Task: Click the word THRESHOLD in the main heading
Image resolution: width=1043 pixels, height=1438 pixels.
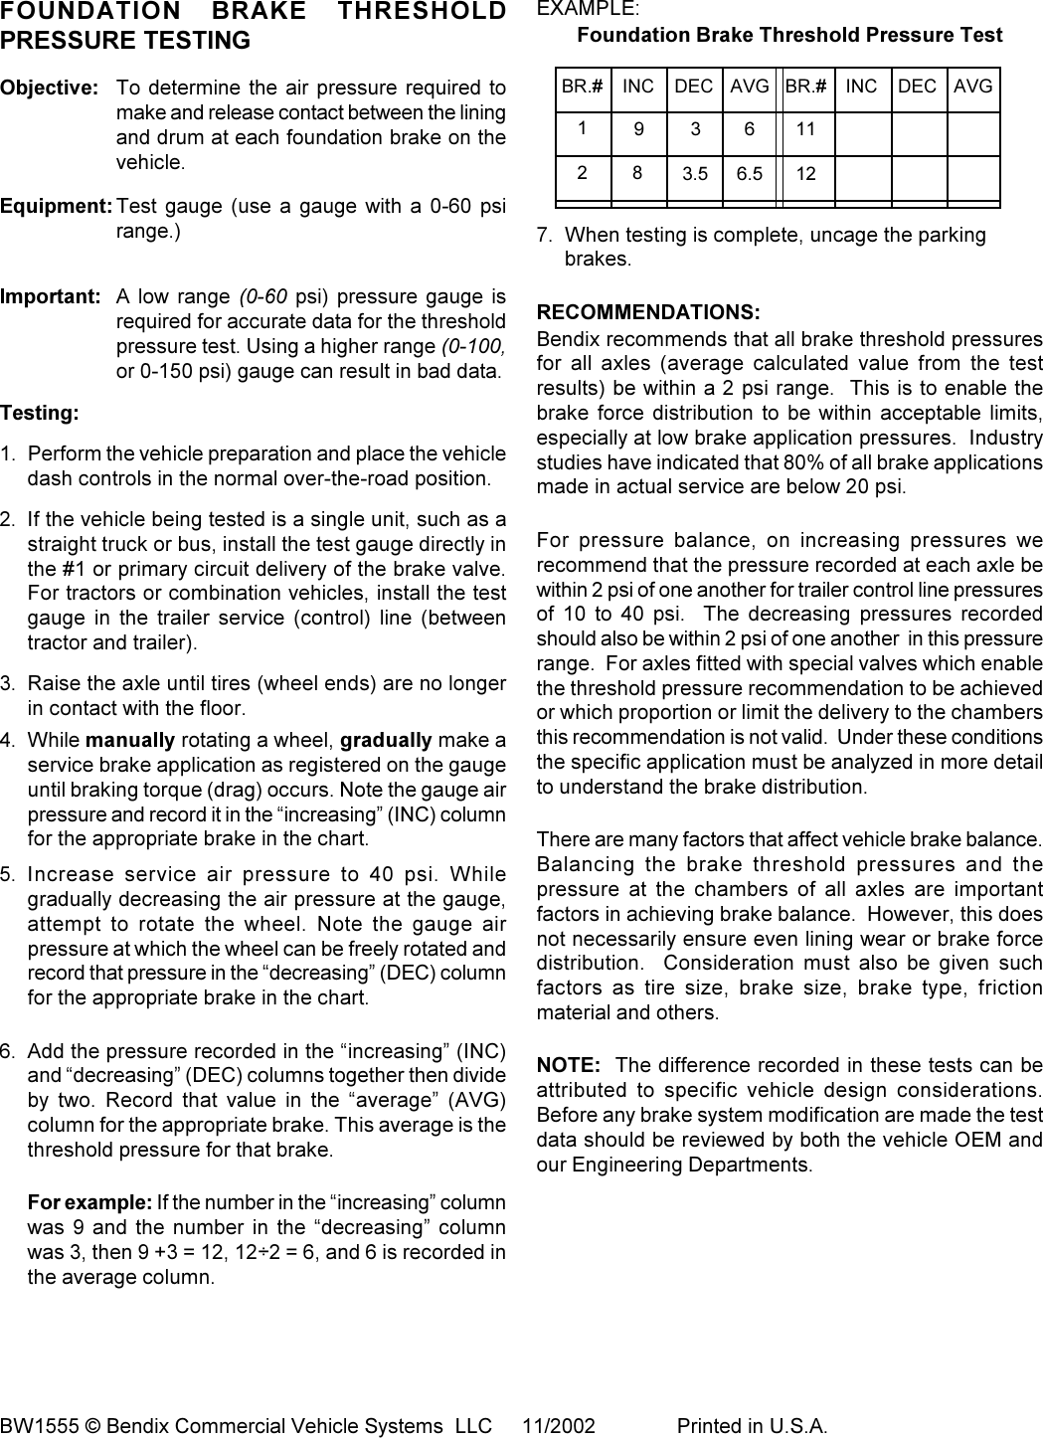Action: (x=423, y=12)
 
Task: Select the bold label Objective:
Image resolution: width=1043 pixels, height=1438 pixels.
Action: (x=50, y=88)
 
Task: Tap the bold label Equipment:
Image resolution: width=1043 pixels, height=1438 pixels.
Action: (x=57, y=207)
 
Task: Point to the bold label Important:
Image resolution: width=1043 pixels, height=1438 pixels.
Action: (x=51, y=296)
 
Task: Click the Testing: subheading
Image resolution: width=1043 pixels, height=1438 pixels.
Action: (x=40, y=412)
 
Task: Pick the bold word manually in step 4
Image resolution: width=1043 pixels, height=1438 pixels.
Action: (x=130, y=740)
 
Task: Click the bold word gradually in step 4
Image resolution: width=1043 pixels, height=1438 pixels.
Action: (x=386, y=740)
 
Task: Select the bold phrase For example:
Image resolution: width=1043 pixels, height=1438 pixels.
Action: (x=89, y=1202)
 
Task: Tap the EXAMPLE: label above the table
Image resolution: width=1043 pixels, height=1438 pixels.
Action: (x=589, y=9)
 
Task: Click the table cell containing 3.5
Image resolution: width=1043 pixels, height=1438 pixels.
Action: (x=695, y=174)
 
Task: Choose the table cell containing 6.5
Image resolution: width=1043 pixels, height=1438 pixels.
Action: (x=750, y=174)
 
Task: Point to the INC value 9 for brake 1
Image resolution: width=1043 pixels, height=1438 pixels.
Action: (x=638, y=129)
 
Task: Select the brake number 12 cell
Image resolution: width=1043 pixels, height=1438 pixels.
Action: (x=806, y=174)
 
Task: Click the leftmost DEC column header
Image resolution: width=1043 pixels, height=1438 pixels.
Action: (x=694, y=87)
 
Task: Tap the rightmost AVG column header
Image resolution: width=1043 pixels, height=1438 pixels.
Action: (x=972, y=87)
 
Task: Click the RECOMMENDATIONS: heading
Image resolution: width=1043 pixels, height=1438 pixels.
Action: (x=648, y=312)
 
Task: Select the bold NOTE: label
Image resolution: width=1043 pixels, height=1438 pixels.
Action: (x=569, y=1065)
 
